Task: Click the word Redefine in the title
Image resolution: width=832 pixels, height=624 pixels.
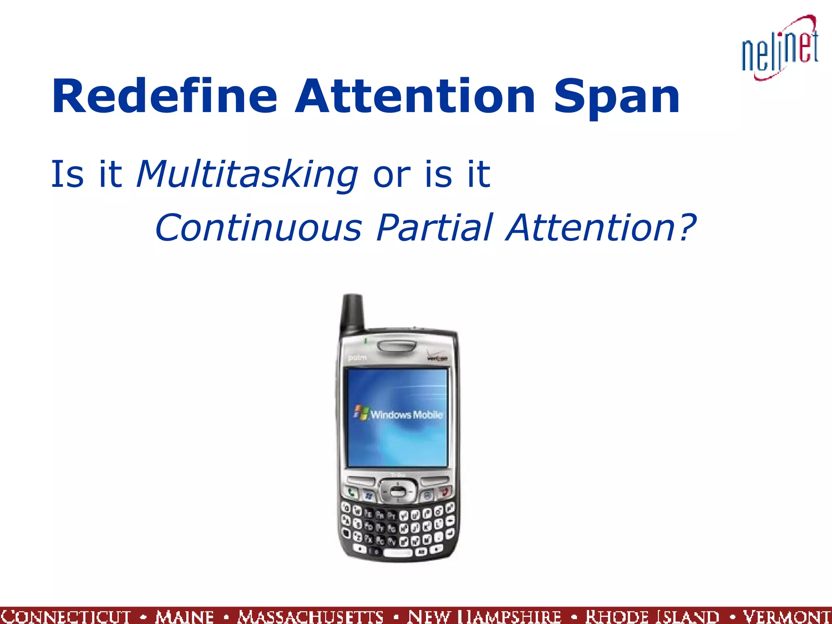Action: [x=165, y=97]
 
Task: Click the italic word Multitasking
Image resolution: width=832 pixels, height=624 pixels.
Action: [x=247, y=175]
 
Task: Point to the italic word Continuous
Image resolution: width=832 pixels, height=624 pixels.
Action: [x=258, y=227]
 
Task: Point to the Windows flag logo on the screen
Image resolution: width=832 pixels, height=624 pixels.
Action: [x=361, y=412]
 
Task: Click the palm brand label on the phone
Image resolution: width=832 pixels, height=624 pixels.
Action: [x=357, y=357]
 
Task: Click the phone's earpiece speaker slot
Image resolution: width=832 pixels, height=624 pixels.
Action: [x=396, y=346]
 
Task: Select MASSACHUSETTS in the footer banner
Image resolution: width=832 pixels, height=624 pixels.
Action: [x=311, y=616]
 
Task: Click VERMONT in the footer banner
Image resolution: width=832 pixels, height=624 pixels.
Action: [x=786, y=616]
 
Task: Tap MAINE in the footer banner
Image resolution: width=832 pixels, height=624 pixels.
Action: [x=184, y=616]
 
